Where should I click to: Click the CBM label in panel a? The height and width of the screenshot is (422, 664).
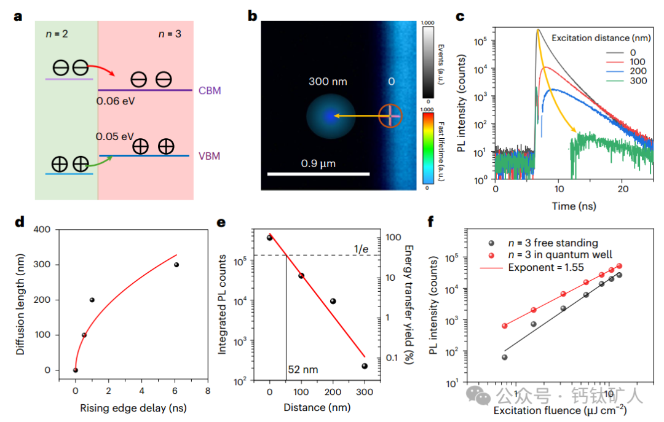coord(210,91)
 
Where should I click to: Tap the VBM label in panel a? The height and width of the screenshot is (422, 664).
coord(209,156)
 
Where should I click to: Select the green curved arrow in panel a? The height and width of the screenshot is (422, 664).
coord(101,162)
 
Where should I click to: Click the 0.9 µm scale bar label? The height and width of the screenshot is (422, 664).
coord(318,163)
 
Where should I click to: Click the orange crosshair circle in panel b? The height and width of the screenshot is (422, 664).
coord(390,115)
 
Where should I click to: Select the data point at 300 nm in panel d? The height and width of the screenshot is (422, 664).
coord(176,265)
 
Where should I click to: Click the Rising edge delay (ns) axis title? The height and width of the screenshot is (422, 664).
coord(133,407)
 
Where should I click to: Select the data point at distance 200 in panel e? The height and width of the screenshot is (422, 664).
coord(333,301)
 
